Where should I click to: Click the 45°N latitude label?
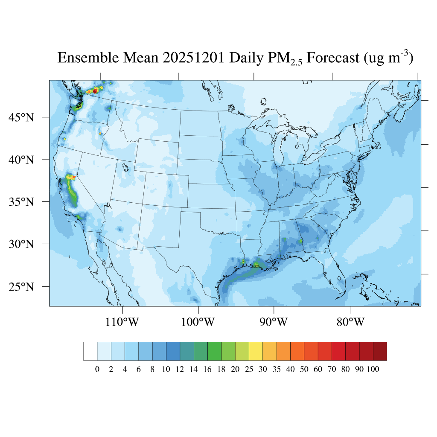(21, 117)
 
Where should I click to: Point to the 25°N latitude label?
(21, 286)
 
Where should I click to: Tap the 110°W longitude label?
(122, 322)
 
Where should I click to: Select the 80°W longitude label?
(350, 322)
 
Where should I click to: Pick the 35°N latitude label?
(21, 201)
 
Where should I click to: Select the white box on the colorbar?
(90, 351)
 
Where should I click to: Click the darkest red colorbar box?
(380, 351)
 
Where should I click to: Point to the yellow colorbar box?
(256, 351)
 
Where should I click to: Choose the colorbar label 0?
(97, 370)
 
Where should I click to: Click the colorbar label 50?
(304, 370)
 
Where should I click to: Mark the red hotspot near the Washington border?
(95, 91)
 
